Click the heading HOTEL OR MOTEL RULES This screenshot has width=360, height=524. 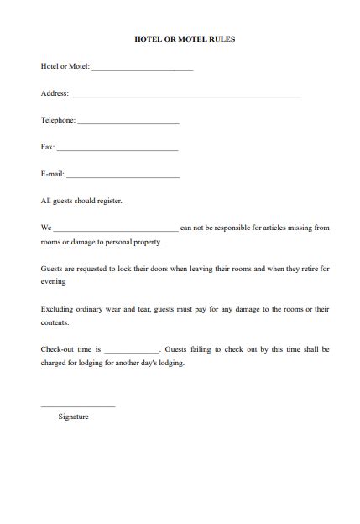click(x=180, y=39)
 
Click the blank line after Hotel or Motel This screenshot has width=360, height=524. click(x=142, y=69)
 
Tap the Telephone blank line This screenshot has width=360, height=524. click(x=128, y=123)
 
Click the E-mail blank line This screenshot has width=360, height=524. click(x=123, y=176)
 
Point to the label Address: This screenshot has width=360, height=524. click(x=55, y=93)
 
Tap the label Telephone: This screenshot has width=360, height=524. click(x=58, y=120)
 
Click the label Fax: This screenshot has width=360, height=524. click(x=48, y=147)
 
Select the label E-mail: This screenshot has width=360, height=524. click(x=53, y=174)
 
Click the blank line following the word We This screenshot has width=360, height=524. click(x=116, y=230)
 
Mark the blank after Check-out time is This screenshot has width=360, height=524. click(x=132, y=351)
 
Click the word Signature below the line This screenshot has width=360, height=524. click(x=74, y=417)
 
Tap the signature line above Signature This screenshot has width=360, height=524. click(x=78, y=406)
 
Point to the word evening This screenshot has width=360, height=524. click(x=53, y=282)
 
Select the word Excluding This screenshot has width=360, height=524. click(x=57, y=309)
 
